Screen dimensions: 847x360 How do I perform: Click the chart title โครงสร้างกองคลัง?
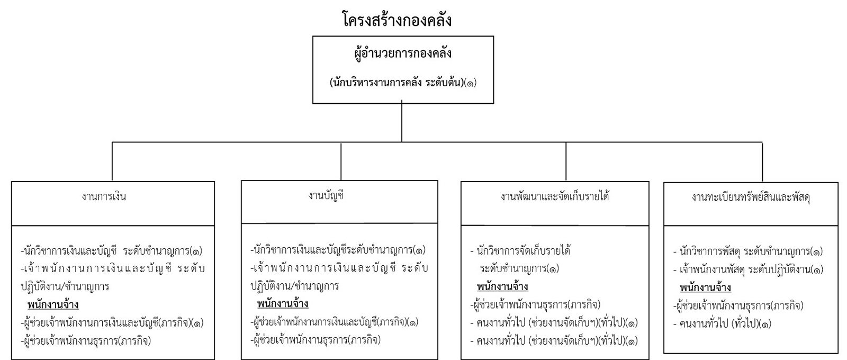point(397,19)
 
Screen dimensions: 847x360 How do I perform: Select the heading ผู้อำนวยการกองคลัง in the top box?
point(403,53)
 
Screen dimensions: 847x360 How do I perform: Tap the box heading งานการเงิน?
point(104,196)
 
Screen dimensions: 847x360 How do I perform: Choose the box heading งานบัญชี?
point(326,196)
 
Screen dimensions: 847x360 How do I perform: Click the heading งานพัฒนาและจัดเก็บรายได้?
point(555,196)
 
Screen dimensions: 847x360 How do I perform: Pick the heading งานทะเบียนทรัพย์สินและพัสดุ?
point(751,197)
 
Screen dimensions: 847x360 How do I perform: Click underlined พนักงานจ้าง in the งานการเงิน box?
point(53,305)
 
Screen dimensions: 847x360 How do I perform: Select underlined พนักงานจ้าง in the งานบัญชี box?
point(283,304)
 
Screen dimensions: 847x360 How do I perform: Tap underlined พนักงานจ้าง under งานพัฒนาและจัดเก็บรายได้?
point(502,286)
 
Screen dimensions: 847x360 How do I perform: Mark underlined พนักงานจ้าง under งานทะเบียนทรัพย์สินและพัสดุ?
point(706,288)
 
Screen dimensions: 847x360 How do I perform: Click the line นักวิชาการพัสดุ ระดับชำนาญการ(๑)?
point(748,251)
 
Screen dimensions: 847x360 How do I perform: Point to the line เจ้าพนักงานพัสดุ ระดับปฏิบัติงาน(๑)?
point(749,269)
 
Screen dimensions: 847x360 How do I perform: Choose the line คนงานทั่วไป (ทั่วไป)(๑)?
point(722,324)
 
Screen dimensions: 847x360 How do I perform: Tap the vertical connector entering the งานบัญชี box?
point(341,161)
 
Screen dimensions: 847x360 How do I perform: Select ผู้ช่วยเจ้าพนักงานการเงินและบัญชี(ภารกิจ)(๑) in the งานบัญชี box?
point(335,322)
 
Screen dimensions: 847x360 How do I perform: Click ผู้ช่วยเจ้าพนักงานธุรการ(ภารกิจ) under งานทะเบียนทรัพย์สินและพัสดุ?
point(738,305)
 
